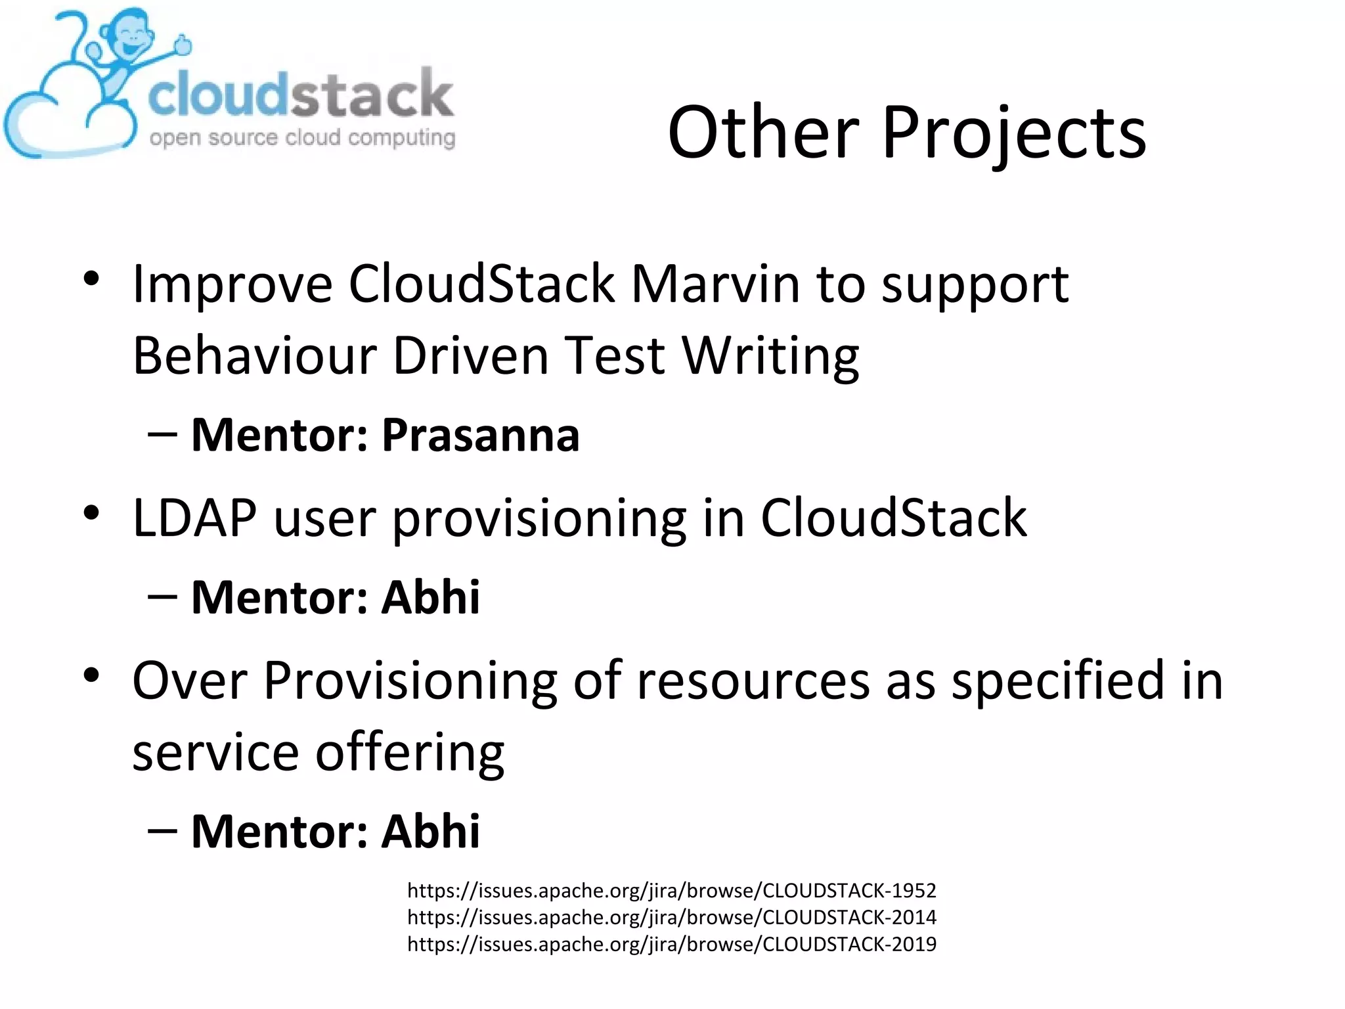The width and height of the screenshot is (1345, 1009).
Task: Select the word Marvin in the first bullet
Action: [x=715, y=284]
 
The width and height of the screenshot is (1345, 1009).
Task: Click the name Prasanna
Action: [x=481, y=435]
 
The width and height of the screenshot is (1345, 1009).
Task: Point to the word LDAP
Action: [x=194, y=518]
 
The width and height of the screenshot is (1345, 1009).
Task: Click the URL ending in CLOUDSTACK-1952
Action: [x=671, y=891]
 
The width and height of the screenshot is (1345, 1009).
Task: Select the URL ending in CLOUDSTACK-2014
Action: [x=671, y=917]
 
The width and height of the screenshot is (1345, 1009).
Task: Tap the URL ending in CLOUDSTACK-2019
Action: [x=671, y=944]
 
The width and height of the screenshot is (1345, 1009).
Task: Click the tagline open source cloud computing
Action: [x=302, y=138]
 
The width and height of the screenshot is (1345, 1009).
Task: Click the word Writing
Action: [x=770, y=355]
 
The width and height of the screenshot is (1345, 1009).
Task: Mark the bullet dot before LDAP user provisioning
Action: [x=91, y=513]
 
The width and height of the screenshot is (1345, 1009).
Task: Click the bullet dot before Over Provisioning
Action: [x=91, y=675]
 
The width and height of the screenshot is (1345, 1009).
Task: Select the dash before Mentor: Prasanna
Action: [x=162, y=435]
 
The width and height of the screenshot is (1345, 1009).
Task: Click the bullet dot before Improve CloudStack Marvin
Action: [x=91, y=279]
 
